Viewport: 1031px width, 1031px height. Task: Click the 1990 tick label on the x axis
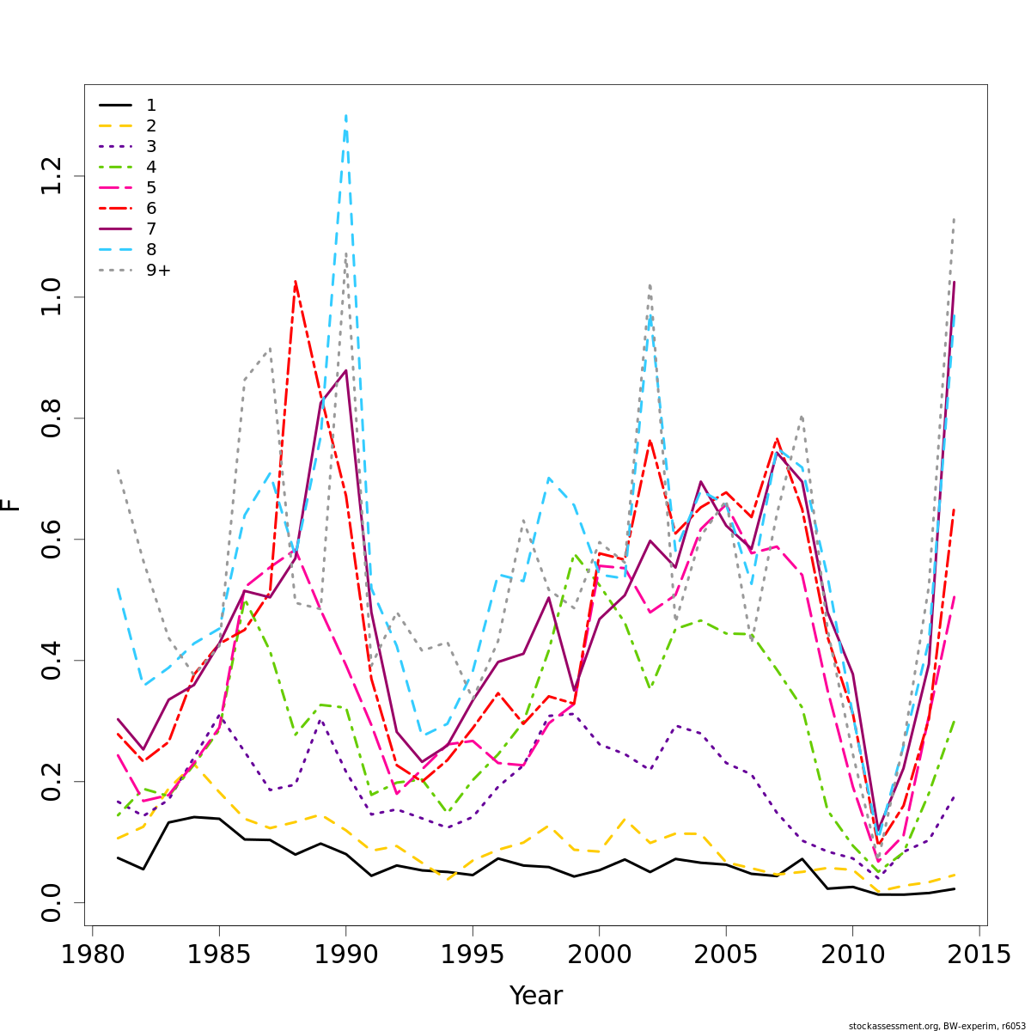click(x=345, y=955)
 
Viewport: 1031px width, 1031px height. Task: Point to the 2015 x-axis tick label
click(x=979, y=955)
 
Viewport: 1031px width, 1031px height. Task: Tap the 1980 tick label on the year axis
click(x=92, y=955)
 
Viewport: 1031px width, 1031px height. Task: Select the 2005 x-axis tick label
click(x=725, y=955)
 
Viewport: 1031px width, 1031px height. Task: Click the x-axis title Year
click(x=536, y=996)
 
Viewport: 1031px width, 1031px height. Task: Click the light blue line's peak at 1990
click(x=345, y=114)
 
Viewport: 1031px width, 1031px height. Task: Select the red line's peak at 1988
click(x=295, y=281)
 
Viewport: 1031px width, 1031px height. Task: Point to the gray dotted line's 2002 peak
click(x=650, y=284)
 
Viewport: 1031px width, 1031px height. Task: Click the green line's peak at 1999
click(x=574, y=555)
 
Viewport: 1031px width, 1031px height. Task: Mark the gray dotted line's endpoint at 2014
click(x=954, y=218)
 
